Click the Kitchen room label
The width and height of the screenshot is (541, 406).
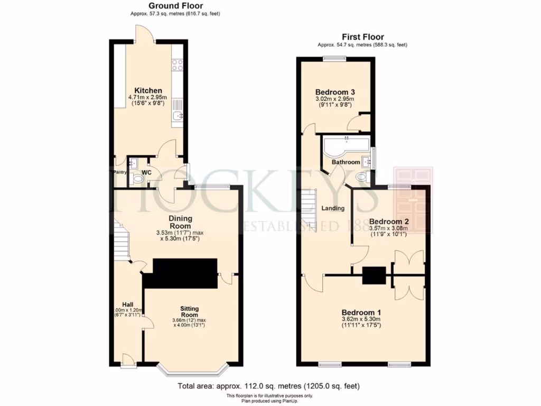[x=148, y=90]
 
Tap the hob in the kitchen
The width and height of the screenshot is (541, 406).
[x=178, y=64]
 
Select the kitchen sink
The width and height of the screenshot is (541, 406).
[x=178, y=114]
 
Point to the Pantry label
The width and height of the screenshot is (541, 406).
[x=120, y=172]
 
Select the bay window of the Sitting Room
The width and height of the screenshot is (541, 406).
[x=193, y=371]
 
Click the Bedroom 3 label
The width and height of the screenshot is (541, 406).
[x=334, y=91]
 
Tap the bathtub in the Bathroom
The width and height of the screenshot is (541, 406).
[x=347, y=145]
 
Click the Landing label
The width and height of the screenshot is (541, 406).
[x=333, y=208]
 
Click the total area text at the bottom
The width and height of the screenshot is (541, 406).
[x=269, y=386]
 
